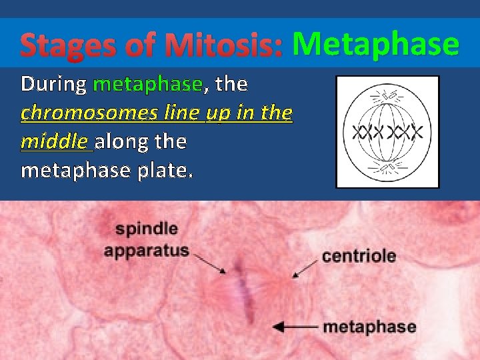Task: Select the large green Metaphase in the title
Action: [x=375, y=44]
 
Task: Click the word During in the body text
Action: [x=53, y=84]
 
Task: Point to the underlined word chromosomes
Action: [x=89, y=113]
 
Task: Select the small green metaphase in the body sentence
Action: [x=147, y=84]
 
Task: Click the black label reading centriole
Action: [x=359, y=256]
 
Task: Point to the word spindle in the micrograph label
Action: [x=146, y=229]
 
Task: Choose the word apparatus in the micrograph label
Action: [x=146, y=251]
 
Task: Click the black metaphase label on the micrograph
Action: [x=369, y=327]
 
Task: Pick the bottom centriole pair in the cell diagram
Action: [x=387, y=169]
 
